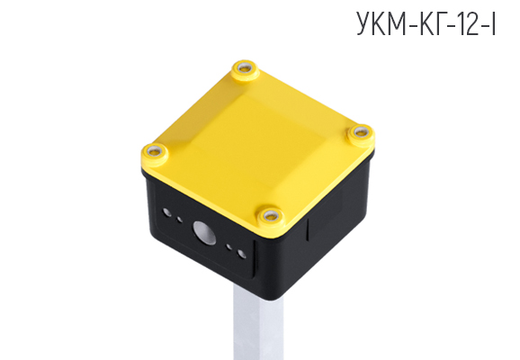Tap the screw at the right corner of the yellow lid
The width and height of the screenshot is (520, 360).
click(x=361, y=133)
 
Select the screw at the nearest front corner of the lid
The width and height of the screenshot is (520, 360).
click(x=268, y=215)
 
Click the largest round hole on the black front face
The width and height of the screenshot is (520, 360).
click(x=205, y=233)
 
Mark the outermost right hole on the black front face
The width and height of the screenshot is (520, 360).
click(x=242, y=253)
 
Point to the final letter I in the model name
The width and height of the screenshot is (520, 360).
click(x=496, y=24)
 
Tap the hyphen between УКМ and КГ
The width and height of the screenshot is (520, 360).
click(x=416, y=26)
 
